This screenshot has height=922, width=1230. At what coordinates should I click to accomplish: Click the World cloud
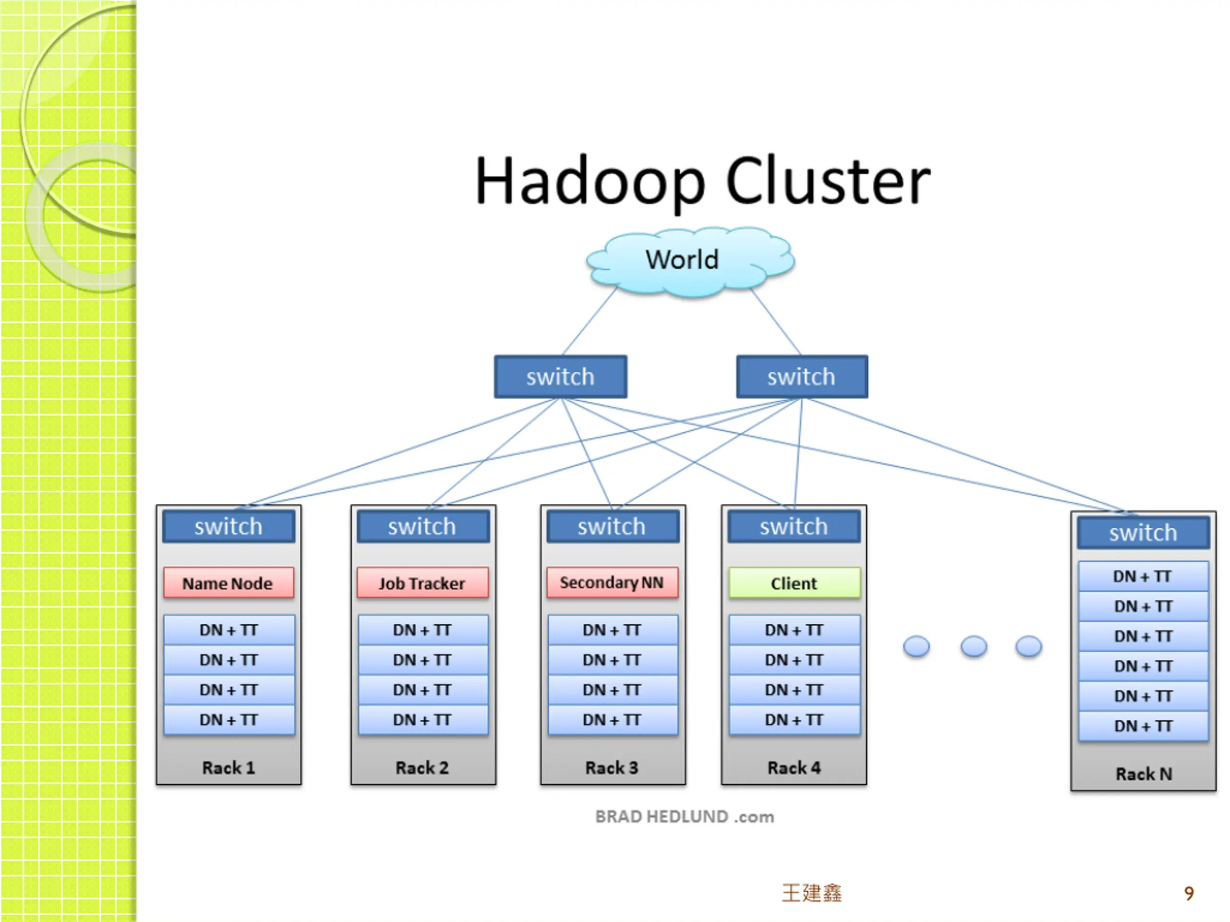pos(690,261)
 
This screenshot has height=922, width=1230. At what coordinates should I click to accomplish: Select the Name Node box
pos(229,583)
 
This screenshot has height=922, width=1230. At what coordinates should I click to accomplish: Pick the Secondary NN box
pos(612,582)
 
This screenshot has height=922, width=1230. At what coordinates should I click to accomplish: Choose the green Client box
pos(794,583)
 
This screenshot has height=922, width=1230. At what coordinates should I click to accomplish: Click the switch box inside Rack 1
pos(229,526)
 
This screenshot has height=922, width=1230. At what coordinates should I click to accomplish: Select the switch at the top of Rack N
pos(1143,533)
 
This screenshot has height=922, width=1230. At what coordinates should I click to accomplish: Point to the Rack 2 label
pos(422,767)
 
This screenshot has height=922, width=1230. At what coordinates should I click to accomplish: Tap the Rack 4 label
pos(794,767)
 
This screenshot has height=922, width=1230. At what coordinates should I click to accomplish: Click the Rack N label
pos(1144,774)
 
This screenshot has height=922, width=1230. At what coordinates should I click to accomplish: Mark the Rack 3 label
pos(612,767)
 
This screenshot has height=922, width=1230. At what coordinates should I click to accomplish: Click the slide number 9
pos(1189,893)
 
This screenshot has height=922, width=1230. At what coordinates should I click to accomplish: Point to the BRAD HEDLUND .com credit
pos(685,816)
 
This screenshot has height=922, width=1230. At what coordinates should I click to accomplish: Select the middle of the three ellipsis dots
pos(973,646)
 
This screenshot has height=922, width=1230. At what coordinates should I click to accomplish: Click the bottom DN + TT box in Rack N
pos(1143,726)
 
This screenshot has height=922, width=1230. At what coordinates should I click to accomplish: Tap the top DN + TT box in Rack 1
pos(229,630)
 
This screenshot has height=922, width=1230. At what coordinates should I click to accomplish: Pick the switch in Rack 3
pos(612,526)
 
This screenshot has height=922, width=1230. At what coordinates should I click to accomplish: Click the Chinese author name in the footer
pos(812,893)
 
